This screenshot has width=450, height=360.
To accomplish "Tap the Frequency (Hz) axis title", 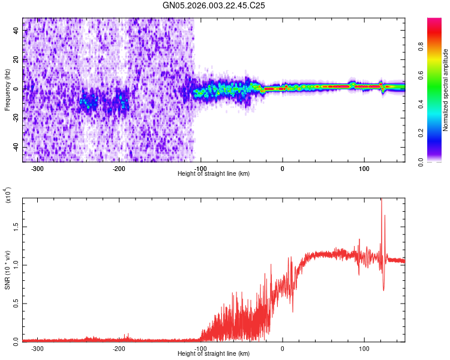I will (7, 89).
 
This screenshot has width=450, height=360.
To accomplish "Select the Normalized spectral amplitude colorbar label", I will (446, 90).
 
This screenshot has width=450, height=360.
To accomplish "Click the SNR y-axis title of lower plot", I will (7, 269).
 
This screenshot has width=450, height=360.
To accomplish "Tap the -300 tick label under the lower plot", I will (37, 348).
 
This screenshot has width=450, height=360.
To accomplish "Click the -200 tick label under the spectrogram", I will (119, 168).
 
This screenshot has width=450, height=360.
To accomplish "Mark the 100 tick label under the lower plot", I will (364, 348).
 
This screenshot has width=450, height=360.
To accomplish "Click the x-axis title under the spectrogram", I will (214, 173).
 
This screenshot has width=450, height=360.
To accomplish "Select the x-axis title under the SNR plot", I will (214, 353).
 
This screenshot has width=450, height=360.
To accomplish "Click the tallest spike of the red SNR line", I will (381, 200).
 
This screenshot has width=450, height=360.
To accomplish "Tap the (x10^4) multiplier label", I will (8, 196).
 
